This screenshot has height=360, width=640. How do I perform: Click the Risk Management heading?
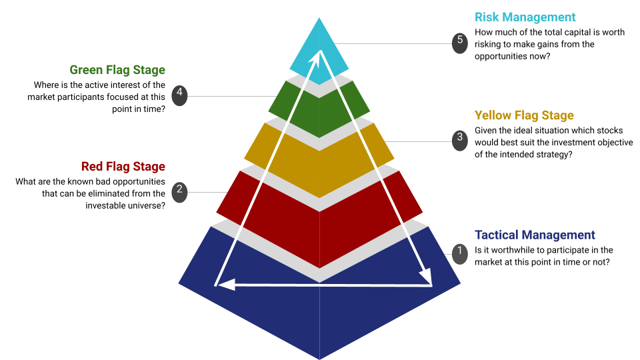(x=525, y=17)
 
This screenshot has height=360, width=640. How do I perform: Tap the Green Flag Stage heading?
(x=117, y=70)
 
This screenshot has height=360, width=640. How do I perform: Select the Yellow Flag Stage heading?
(x=524, y=115)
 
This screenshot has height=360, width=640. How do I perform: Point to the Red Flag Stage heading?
(x=123, y=166)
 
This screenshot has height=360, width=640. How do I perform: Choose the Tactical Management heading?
(x=535, y=235)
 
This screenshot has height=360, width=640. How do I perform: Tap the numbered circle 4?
(x=179, y=95)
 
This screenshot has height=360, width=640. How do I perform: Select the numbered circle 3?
(x=459, y=139)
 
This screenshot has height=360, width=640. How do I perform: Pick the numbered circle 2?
(x=179, y=191)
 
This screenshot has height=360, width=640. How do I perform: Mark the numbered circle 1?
(x=459, y=252)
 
